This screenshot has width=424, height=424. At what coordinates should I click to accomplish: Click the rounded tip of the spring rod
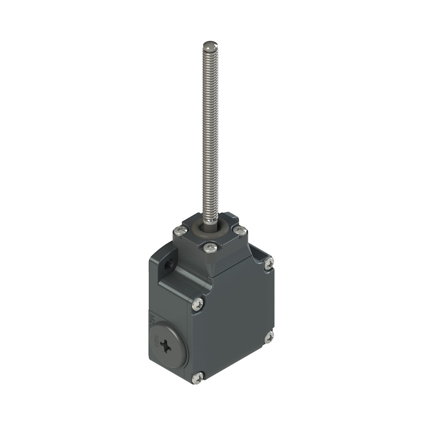(x=210, y=45)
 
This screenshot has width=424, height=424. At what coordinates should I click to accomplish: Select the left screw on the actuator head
(x=181, y=230)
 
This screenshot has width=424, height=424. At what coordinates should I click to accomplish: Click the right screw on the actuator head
(x=240, y=230)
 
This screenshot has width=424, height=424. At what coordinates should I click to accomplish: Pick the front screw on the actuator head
(x=210, y=247)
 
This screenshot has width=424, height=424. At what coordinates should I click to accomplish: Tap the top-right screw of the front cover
(x=269, y=263)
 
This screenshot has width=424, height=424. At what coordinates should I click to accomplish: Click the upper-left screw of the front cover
(x=197, y=304)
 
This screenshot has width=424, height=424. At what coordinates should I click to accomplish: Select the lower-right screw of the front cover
(x=269, y=338)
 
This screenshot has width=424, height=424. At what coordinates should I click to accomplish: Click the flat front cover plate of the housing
(x=233, y=322)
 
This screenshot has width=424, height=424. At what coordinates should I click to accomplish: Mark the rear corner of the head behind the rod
(x=228, y=216)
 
